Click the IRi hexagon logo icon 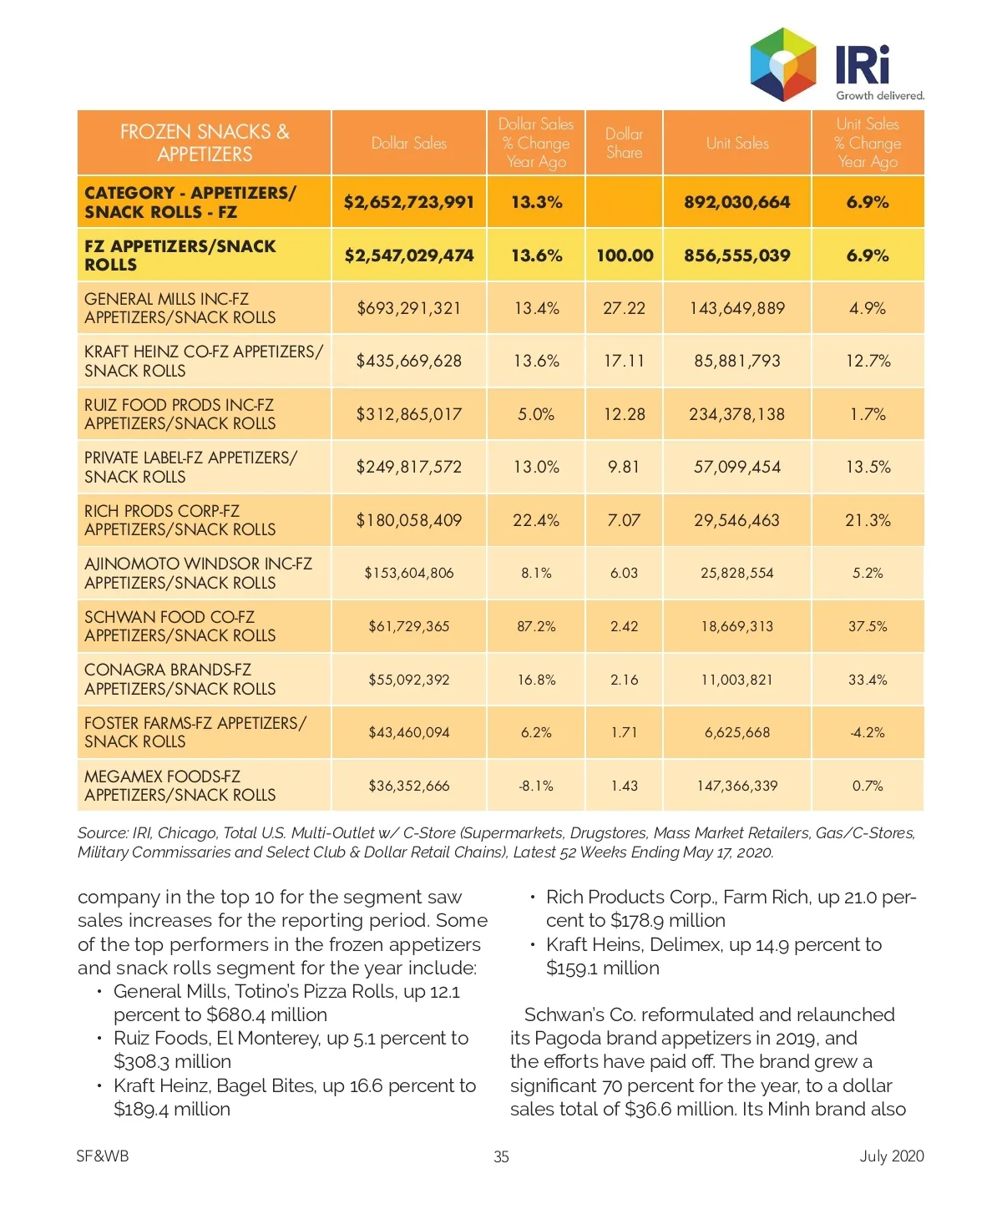tap(782, 64)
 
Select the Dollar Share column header tap(624, 143)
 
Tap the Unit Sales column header tap(737, 143)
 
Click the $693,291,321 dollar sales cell tap(408, 308)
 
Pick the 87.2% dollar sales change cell tap(536, 626)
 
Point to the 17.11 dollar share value tap(624, 361)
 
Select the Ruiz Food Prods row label tap(180, 414)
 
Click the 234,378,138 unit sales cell tap(736, 414)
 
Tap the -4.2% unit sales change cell tap(868, 732)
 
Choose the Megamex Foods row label tap(180, 786)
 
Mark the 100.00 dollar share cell tap(625, 255)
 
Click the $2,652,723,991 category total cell tap(408, 202)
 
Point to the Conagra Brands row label tap(180, 680)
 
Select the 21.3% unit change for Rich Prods tap(868, 520)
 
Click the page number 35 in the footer tap(501, 1156)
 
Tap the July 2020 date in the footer tap(892, 1156)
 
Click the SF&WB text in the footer tap(103, 1156)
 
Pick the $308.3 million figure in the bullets tap(172, 1061)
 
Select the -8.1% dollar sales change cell tap(536, 786)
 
